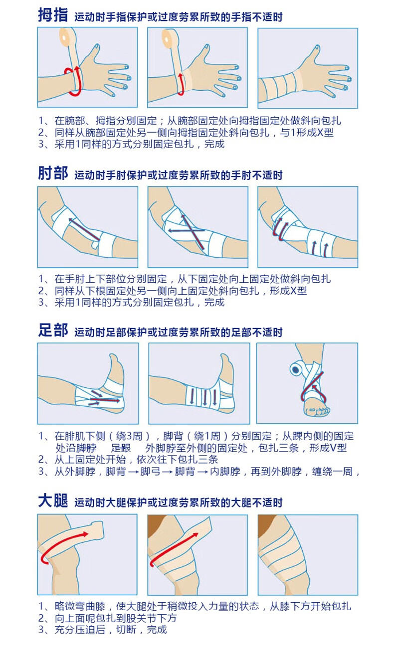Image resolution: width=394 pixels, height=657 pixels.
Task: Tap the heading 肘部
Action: pyautogui.click(x=53, y=173)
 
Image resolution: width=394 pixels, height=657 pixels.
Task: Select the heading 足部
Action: pyautogui.click(x=53, y=330)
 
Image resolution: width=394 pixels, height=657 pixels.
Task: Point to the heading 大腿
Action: pyautogui.click(x=53, y=500)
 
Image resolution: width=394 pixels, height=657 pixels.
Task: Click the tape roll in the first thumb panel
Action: pyautogui.click(x=68, y=37)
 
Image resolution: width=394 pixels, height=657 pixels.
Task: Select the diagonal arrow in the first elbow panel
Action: pyautogui.click(x=84, y=229)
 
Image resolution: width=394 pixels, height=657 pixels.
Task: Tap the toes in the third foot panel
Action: pyautogui.click(x=317, y=410)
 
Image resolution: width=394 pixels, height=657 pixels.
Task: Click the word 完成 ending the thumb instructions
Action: pyautogui.click(x=214, y=144)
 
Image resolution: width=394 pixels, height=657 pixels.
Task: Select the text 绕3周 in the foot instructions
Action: pyautogui.click(x=129, y=436)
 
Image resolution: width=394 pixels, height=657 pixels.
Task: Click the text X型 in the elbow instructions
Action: pyautogui.click(x=298, y=291)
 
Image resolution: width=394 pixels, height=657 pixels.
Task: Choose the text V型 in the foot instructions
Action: pyautogui.click(x=338, y=448)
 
